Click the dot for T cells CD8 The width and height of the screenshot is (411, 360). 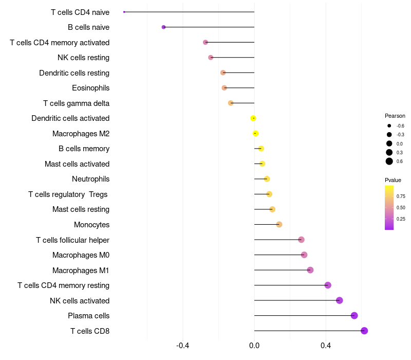pyautogui.click(x=364, y=331)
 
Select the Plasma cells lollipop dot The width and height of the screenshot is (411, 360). pyautogui.click(x=354, y=316)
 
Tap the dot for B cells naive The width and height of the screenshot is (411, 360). pyautogui.click(x=163, y=27)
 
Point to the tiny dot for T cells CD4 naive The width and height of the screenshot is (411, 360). pyautogui.click(x=124, y=12)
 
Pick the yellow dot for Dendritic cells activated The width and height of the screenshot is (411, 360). pyautogui.click(x=253, y=118)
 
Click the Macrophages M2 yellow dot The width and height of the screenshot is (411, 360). pyautogui.click(x=255, y=134)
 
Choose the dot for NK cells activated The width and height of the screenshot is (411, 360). pyautogui.click(x=339, y=300)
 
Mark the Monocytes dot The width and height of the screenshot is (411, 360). pyautogui.click(x=279, y=224)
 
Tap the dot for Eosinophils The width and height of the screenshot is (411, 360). pyautogui.click(x=224, y=88)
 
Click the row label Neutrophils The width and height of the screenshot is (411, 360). pyautogui.click(x=90, y=179)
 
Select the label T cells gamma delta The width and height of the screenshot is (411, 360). pyautogui.click(x=76, y=103)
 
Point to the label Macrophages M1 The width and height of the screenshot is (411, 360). pyautogui.click(x=81, y=270)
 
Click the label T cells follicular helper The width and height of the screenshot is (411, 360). pyautogui.click(x=72, y=240)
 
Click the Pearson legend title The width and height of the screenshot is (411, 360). pyautogui.click(x=395, y=116)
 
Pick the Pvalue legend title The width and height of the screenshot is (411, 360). pyautogui.click(x=393, y=180)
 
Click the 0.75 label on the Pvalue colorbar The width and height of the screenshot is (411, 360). pyautogui.click(x=401, y=196)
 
